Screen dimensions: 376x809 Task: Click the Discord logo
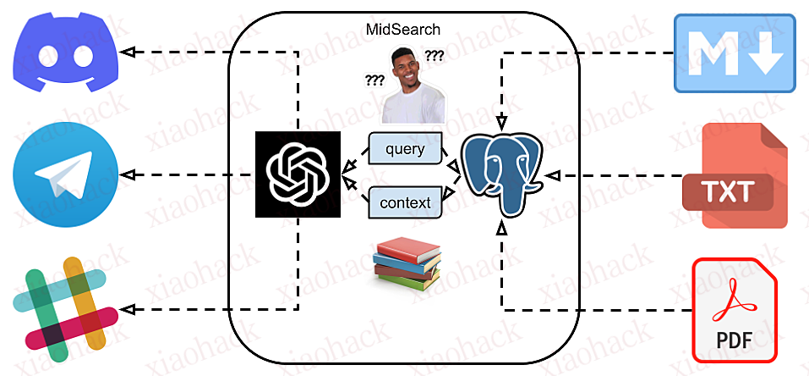tap(59, 53)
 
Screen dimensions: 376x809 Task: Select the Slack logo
tap(64, 309)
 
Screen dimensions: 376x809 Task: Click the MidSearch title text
tap(403, 30)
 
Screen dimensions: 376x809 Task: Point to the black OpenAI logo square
tap(298, 174)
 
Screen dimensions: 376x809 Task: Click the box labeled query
tap(405, 149)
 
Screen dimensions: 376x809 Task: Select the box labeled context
tap(406, 203)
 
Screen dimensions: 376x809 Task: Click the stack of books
tap(409, 263)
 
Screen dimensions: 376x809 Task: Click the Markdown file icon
tap(734, 53)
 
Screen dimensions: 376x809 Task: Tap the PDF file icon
tap(734, 309)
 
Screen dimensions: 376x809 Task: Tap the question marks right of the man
tap(435, 57)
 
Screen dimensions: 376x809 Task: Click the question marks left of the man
tap(374, 81)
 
